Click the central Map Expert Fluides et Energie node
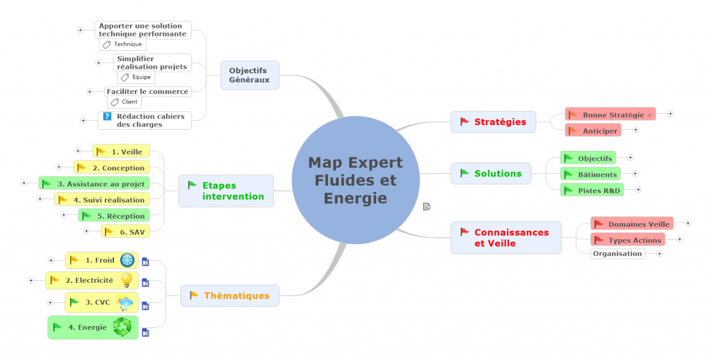pos(355,180)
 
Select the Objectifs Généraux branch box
pos(249,75)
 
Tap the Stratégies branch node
pos(493,122)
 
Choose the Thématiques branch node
pos(229,295)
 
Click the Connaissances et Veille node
pos(505,238)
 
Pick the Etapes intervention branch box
pos(225,190)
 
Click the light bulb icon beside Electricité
pos(127,280)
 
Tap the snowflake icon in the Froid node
pos(127,260)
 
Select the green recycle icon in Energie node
pos(122,327)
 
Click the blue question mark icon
pos(107,116)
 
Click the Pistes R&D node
pos(592,189)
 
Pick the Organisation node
pos(617,254)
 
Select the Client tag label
pos(124,102)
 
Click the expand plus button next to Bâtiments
pos(635,174)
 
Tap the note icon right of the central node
pos(427,206)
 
